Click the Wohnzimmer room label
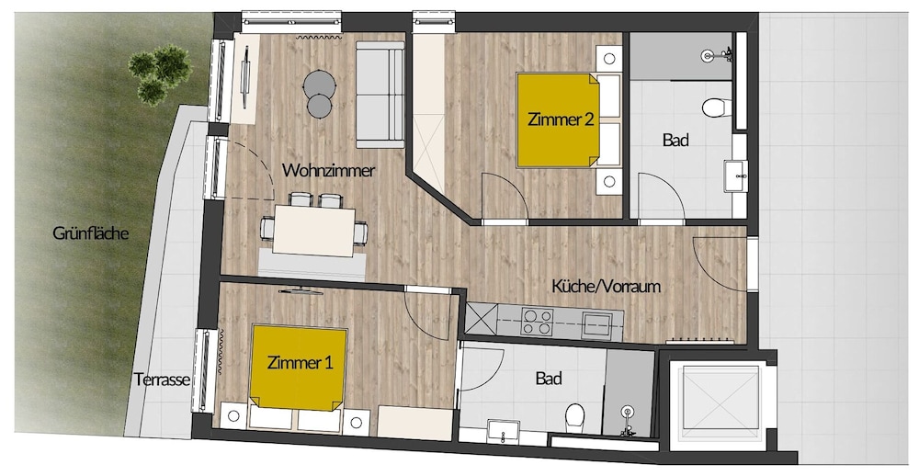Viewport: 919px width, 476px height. [328, 171]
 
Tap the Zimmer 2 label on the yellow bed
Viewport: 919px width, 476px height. [561, 119]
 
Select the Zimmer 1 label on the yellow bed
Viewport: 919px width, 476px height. [301, 363]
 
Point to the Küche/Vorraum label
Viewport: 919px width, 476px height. [606, 286]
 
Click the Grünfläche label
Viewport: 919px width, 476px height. [90, 233]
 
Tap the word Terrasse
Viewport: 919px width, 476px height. [163, 380]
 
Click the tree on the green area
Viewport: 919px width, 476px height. [160, 74]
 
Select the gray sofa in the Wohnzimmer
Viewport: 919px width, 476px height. [380, 95]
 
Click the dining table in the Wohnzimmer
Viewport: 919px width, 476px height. [314, 231]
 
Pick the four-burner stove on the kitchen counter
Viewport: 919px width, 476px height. [537, 322]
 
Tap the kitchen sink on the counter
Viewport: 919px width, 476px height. [596, 324]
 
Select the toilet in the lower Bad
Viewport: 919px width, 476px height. [574, 417]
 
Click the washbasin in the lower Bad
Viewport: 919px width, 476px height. [504, 432]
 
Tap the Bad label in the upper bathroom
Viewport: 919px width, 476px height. [675, 140]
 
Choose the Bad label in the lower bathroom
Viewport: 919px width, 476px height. [549, 379]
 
